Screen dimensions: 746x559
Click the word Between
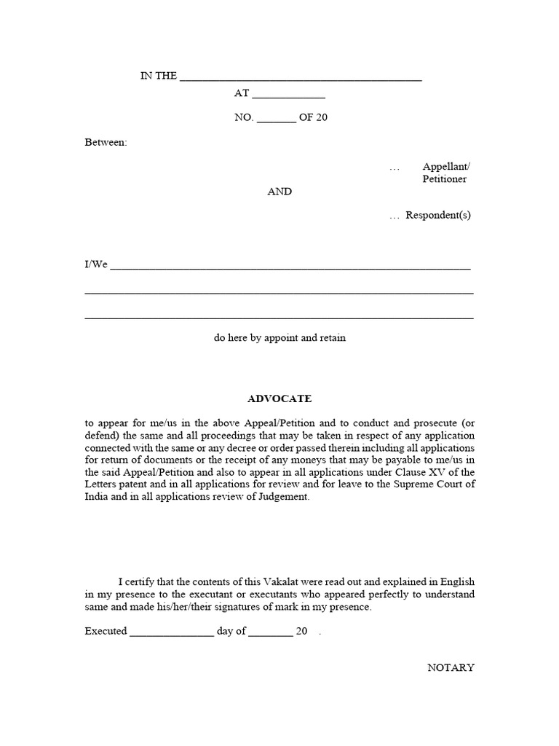(x=106, y=142)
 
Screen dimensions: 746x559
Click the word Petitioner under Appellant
(x=445, y=179)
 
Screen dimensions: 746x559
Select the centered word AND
(x=279, y=192)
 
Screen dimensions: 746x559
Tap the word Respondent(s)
(x=438, y=216)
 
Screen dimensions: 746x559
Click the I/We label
(x=96, y=264)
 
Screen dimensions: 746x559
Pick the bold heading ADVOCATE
(x=279, y=398)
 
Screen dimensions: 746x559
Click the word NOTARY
(x=451, y=667)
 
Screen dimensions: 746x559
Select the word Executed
(x=106, y=632)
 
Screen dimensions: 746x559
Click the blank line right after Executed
(x=172, y=634)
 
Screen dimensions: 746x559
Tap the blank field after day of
(x=270, y=634)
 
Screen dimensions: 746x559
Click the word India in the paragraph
(x=97, y=497)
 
